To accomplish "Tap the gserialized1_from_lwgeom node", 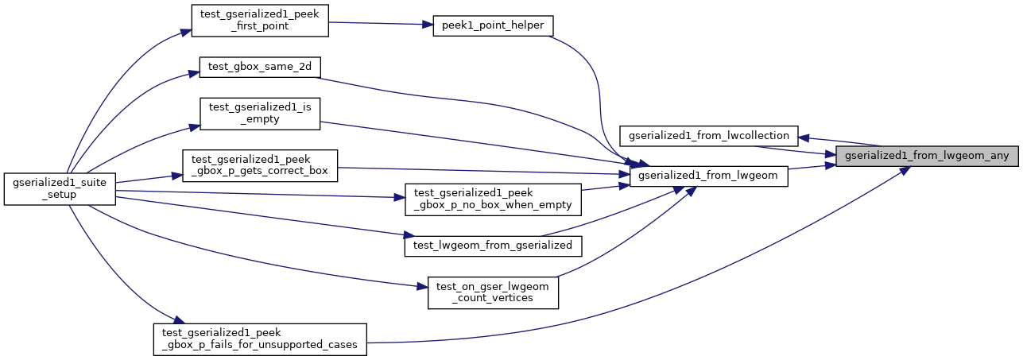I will point(707,176).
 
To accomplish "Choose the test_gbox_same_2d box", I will point(259,67).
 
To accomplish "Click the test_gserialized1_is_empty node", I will point(259,114).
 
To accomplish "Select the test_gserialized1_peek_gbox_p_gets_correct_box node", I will point(260,166).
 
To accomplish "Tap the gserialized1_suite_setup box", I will point(60,188).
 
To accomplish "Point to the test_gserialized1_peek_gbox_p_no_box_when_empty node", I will point(493,199).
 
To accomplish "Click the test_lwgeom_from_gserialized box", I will point(494,246).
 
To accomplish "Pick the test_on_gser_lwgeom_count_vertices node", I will point(493,292).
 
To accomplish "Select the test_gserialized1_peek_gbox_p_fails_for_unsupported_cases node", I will point(259,339).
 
